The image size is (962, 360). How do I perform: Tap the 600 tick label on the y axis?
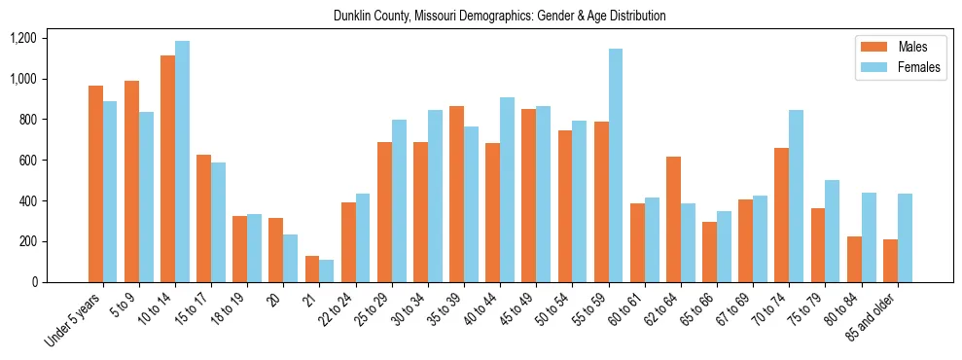click(x=27, y=161)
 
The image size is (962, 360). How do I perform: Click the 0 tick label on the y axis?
click(x=34, y=282)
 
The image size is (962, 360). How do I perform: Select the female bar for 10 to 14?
click(x=182, y=162)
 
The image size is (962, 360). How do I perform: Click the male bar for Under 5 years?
click(x=95, y=184)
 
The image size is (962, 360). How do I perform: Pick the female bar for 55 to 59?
click(x=615, y=165)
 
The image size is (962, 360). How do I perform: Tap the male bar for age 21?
click(x=312, y=270)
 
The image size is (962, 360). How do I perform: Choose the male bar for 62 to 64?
click(x=673, y=220)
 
